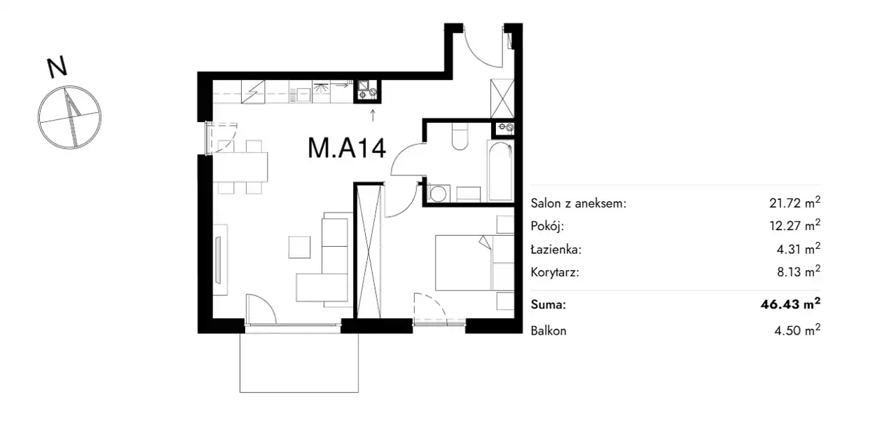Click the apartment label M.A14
coord(346,148)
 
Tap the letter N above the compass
coord(57,67)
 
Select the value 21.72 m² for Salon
coord(794,202)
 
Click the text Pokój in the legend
coord(547,227)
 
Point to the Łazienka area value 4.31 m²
coord(799,249)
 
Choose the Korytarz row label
coord(555,272)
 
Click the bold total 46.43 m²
coord(790,304)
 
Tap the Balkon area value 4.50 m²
coord(797,330)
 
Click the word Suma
coord(549,305)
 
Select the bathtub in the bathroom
coord(500,170)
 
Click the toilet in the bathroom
coord(460,136)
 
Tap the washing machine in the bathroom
coord(439,194)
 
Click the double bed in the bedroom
coord(474,262)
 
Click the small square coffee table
coord(300,247)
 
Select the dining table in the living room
coord(240,167)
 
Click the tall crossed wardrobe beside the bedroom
coord(368,250)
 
